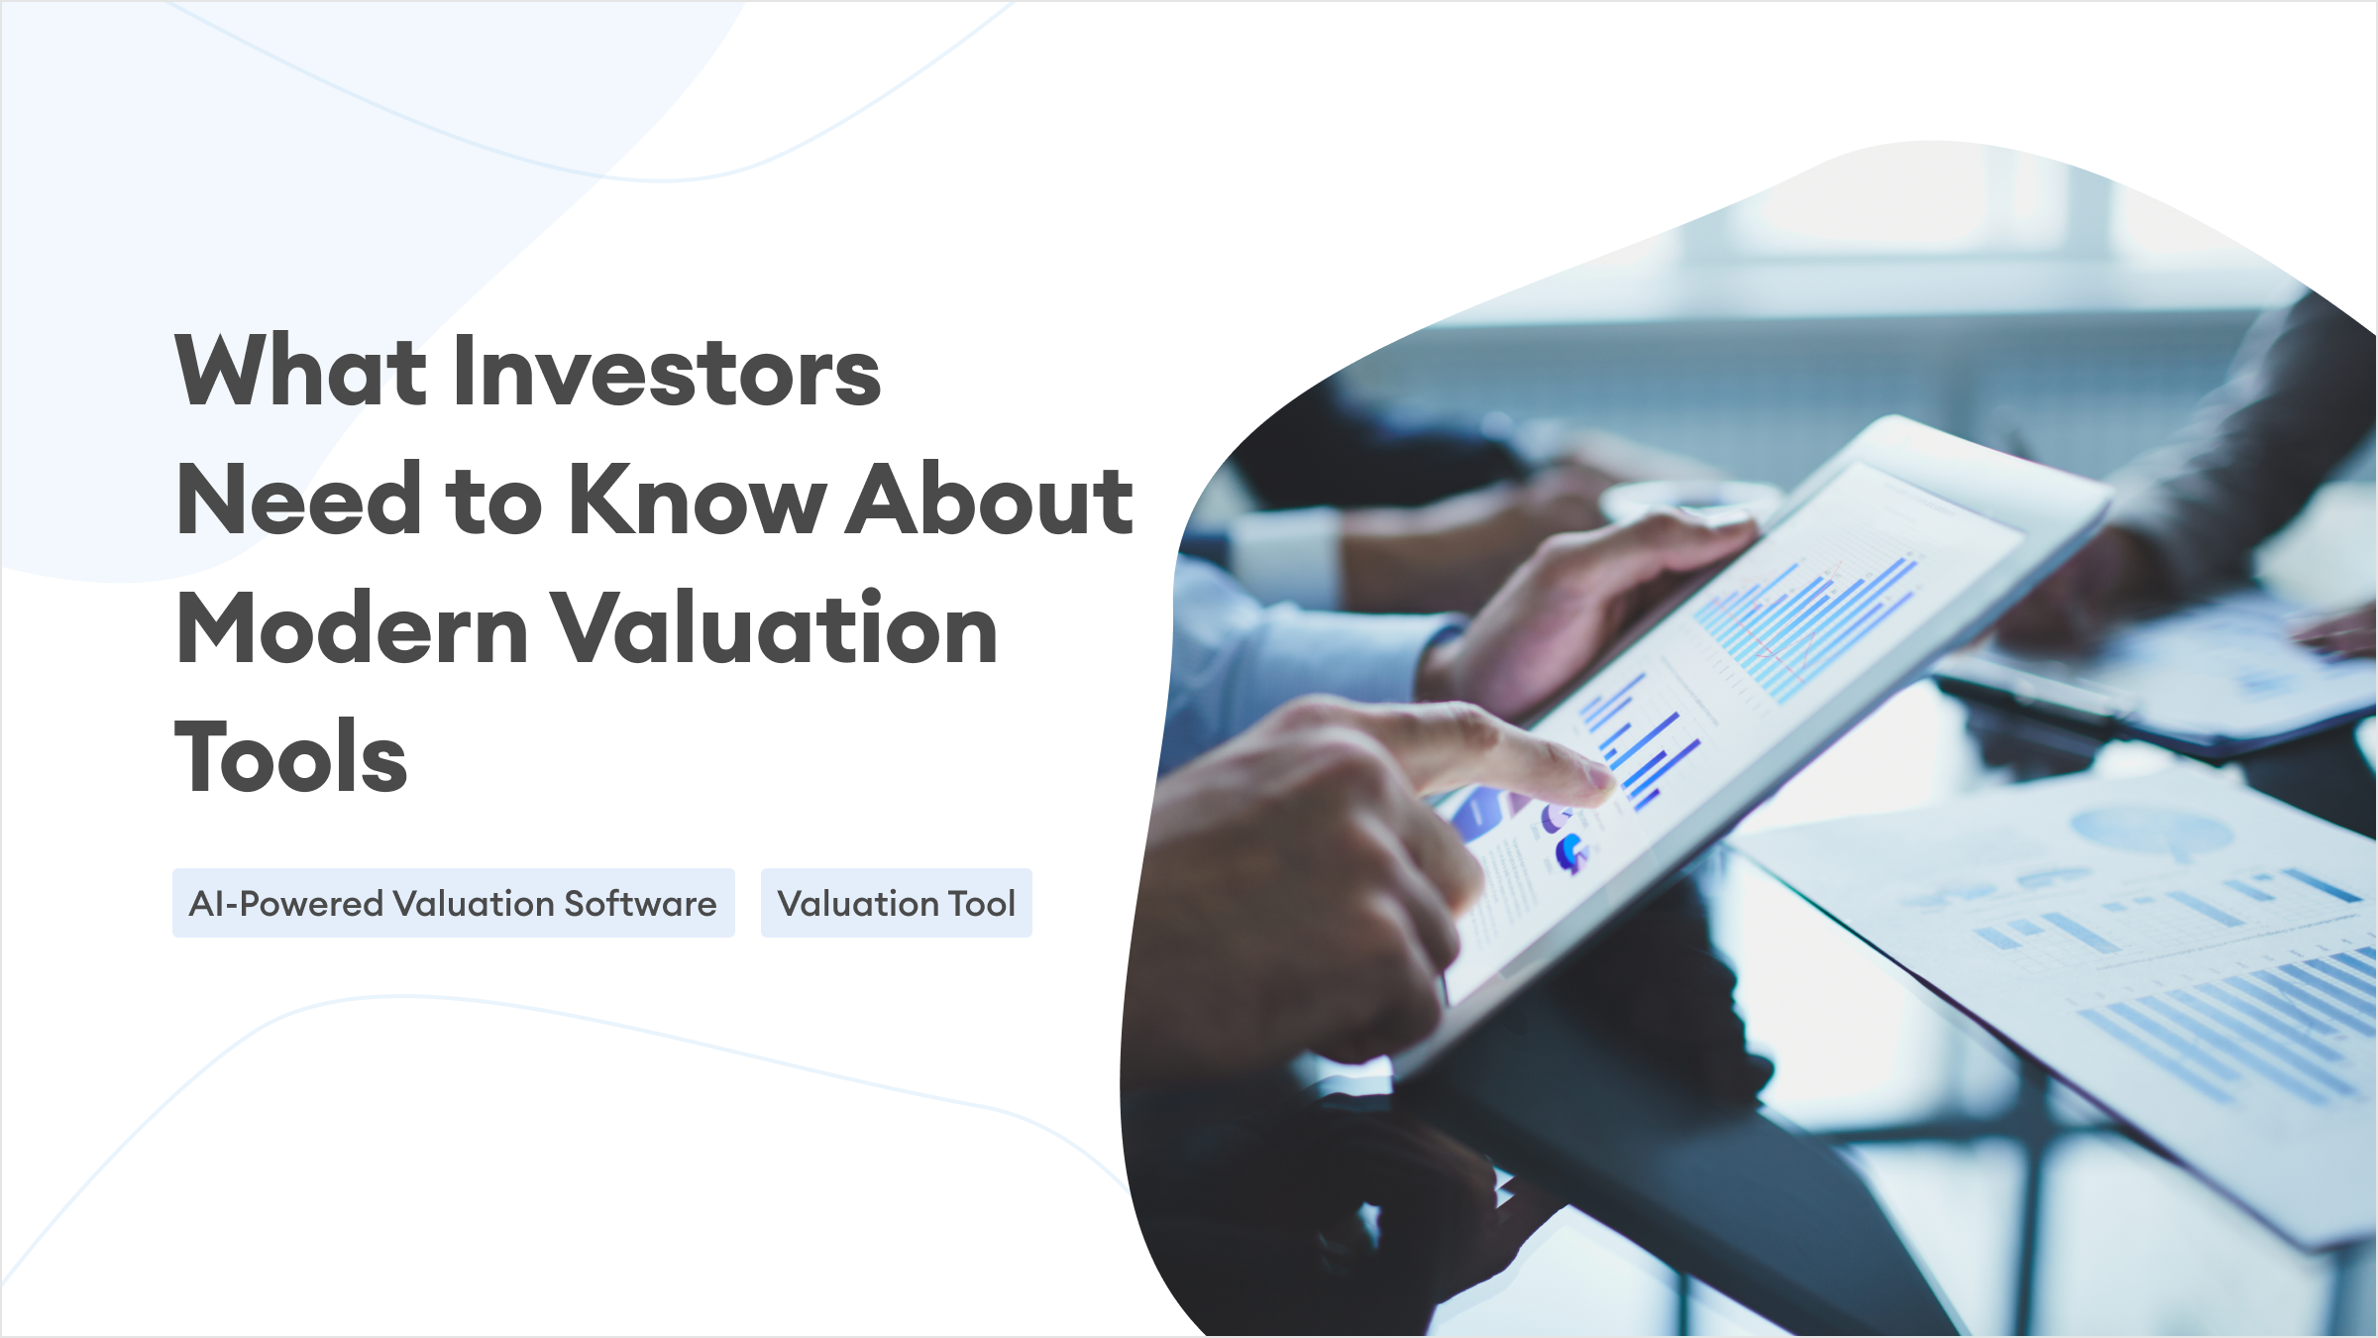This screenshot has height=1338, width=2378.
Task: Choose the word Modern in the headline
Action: tap(352, 627)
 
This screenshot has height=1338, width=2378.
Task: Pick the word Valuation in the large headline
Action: tap(774, 627)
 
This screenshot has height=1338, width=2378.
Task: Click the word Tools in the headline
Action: tap(290, 756)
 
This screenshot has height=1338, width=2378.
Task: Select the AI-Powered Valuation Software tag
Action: tap(454, 903)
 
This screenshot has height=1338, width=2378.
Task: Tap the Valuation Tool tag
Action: tap(897, 903)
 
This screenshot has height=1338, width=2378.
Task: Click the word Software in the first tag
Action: tap(640, 903)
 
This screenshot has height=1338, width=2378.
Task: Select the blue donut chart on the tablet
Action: tap(1570, 852)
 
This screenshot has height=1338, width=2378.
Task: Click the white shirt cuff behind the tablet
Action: tap(1288, 555)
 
